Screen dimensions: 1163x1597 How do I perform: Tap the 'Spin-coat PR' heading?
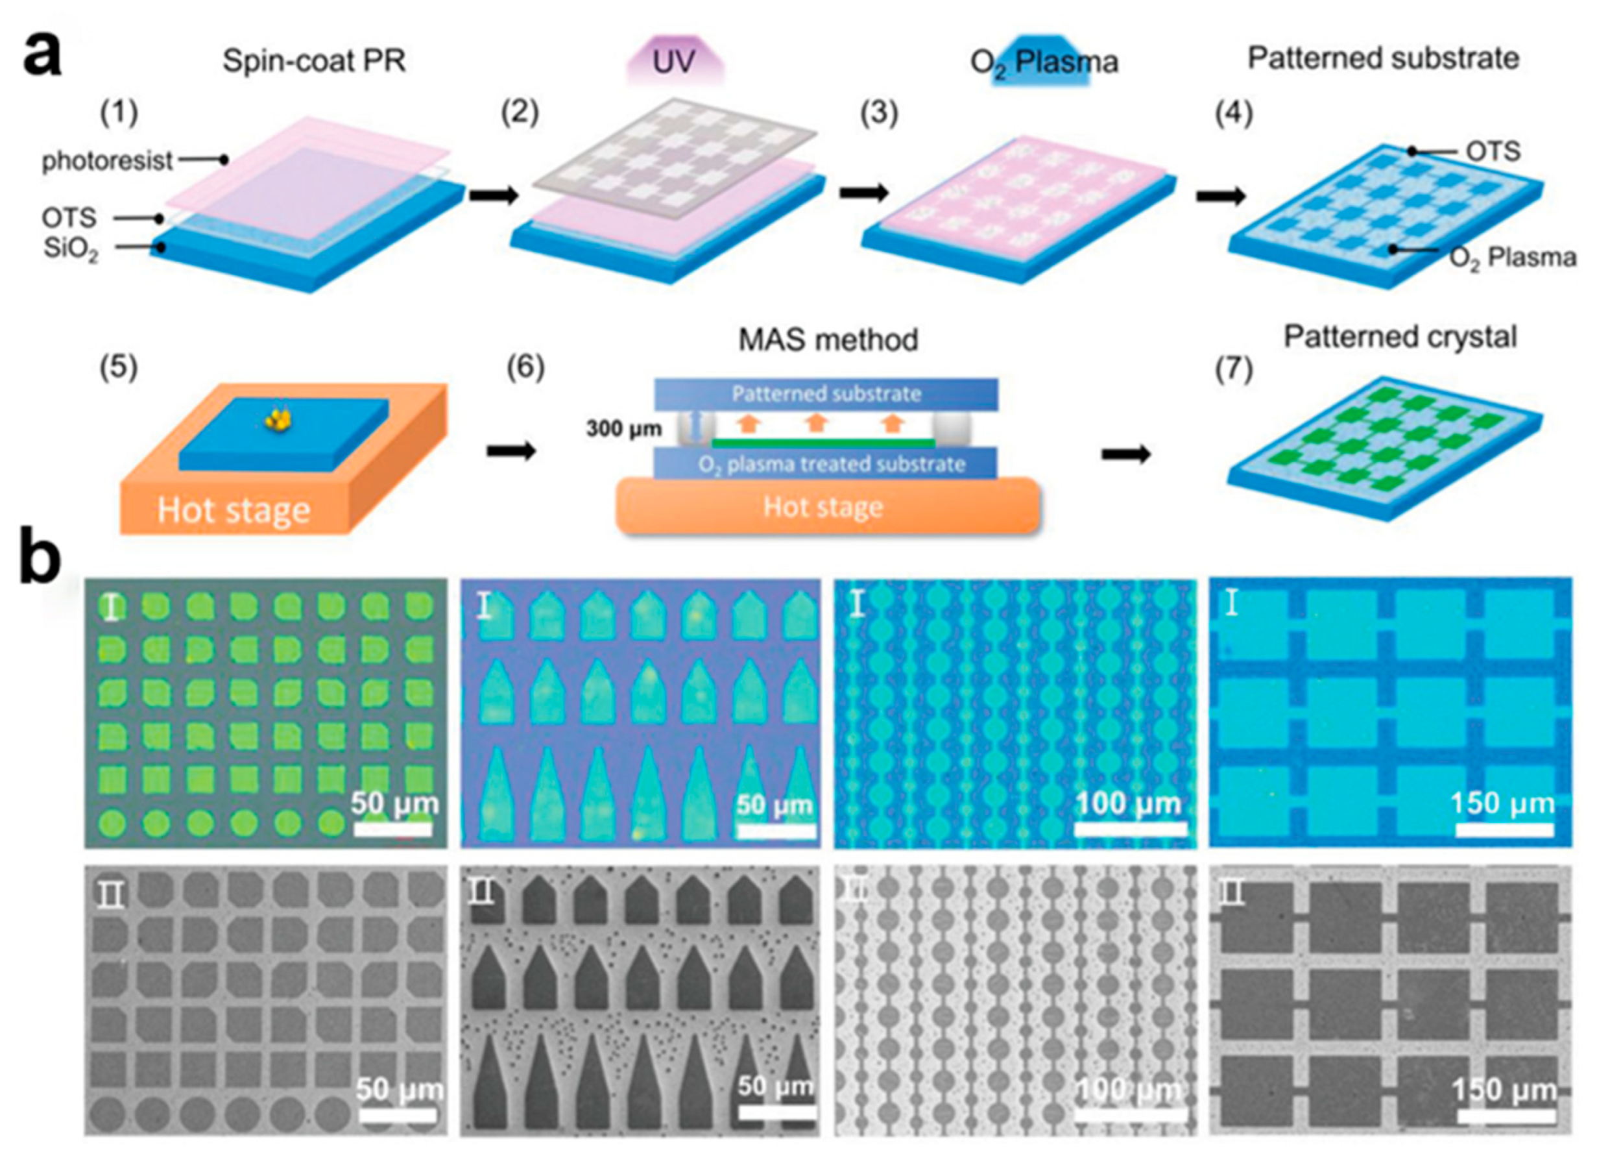(x=314, y=61)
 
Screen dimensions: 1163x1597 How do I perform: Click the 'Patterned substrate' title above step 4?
(x=1383, y=58)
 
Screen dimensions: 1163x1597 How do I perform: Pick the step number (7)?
(x=1234, y=369)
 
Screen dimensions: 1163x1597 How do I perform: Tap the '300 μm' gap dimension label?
(x=624, y=428)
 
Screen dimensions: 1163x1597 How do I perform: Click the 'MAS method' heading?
(x=828, y=340)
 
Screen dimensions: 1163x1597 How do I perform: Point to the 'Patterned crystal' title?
(x=1400, y=337)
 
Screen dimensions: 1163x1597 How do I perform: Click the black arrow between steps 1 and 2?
(x=494, y=195)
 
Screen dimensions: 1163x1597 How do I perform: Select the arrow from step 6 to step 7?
(x=1126, y=454)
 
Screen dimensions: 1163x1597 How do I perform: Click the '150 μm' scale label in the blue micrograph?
(x=1503, y=803)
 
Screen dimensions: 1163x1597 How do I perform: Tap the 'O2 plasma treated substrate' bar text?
(x=832, y=465)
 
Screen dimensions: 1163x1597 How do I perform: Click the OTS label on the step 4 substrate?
(x=1493, y=151)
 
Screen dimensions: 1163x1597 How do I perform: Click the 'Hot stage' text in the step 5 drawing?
(x=234, y=511)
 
